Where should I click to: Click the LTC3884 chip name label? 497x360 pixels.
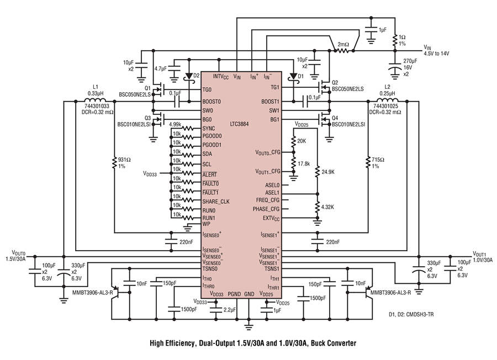click(x=239, y=124)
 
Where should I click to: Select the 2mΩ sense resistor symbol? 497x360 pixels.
click(x=343, y=50)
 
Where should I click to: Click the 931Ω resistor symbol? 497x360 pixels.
click(x=114, y=162)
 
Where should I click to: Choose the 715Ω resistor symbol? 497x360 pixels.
click(x=368, y=162)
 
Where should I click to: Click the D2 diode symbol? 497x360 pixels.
click(x=189, y=76)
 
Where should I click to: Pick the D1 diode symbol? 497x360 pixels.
click(x=293, y=77)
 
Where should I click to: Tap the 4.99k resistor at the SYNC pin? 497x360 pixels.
click(x=187, y=128)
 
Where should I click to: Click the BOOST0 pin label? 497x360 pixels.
click(x=212, y=102)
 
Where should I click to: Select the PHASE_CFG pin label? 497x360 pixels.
click(x=266, y=209)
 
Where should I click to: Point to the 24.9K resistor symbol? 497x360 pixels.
click(x=318, y=172)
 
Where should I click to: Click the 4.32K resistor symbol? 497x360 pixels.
click(x=318, y=207)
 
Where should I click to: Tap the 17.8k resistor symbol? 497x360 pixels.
click(x=294, y=163)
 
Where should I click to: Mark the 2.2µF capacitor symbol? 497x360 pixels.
click(x=216, y=309)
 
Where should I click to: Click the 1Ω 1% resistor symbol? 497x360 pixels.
click(x=395, y=40)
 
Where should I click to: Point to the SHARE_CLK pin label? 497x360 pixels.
click(x=216, y=202)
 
